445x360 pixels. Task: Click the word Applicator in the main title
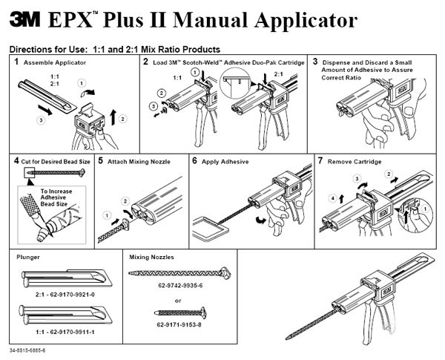[x=292, y=21]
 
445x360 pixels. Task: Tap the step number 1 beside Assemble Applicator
[x=16, y=62]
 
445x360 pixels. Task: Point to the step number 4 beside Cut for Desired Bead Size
[x=16, y=160]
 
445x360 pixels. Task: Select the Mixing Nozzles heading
[x=153, y=256]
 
